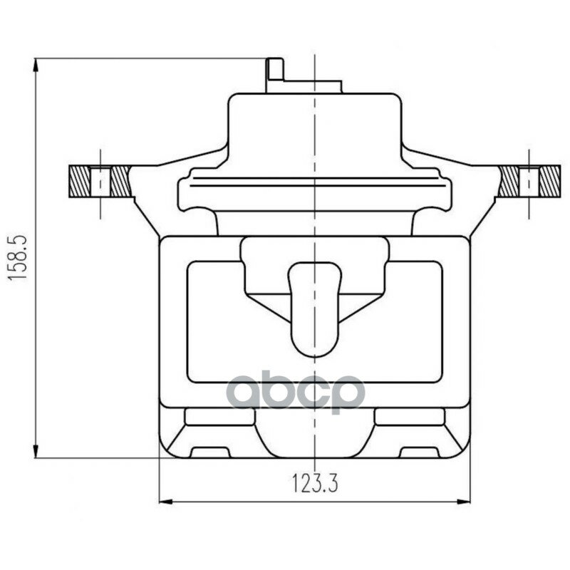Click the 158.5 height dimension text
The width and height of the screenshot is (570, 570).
[x=17, y=257]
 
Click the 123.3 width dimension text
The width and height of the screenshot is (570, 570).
[x=315, y=484]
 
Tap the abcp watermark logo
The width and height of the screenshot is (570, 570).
[x=295, y=391]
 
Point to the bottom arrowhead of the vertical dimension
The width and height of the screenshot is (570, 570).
[x=35, y=451]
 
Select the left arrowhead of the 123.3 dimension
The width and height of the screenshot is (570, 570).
[x=166, y=502]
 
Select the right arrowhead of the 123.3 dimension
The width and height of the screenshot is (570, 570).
[x=464, y=502]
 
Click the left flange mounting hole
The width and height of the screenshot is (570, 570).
[x=100, y=182]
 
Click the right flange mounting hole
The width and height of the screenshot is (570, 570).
[x=529, y=182]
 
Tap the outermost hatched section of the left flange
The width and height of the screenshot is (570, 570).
[x=79, y=182]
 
